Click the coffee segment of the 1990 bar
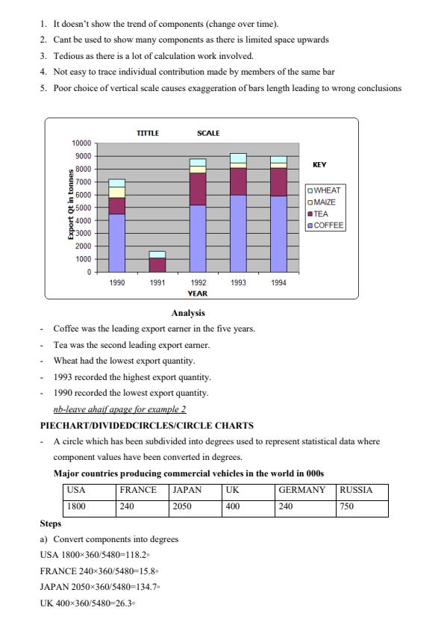116,243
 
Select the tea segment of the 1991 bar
157,264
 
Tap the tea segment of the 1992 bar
198,189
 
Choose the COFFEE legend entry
326,225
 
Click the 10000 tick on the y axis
81,143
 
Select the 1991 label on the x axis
157,283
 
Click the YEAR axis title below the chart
197,293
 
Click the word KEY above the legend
319,164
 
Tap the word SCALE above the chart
208,133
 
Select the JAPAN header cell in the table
187,491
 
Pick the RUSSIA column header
355,491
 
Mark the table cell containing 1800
77,506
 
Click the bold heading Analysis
188,313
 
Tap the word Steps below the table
51,523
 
